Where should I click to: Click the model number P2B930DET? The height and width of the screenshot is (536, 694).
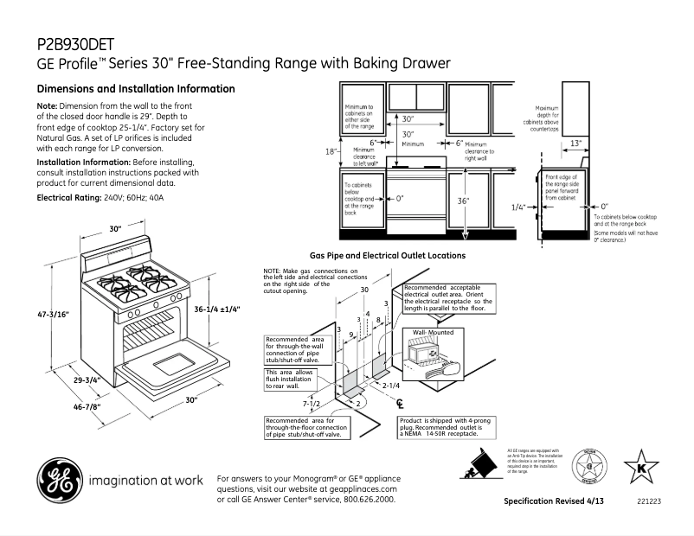[76, 43]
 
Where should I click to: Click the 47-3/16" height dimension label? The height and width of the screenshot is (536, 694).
[53, 316]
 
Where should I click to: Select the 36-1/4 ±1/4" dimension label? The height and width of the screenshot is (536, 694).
[215, 309]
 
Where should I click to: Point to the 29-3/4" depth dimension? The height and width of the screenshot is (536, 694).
[86, 379]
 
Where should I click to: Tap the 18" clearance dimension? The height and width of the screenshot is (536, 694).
[331, 152]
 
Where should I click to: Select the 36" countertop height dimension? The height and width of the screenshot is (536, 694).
[465, 200]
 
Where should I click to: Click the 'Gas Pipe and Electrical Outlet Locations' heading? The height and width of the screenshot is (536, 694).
[387, 256]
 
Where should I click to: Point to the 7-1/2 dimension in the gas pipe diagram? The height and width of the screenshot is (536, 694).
[312, 404]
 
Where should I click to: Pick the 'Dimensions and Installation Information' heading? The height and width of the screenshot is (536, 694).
[135, 89]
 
